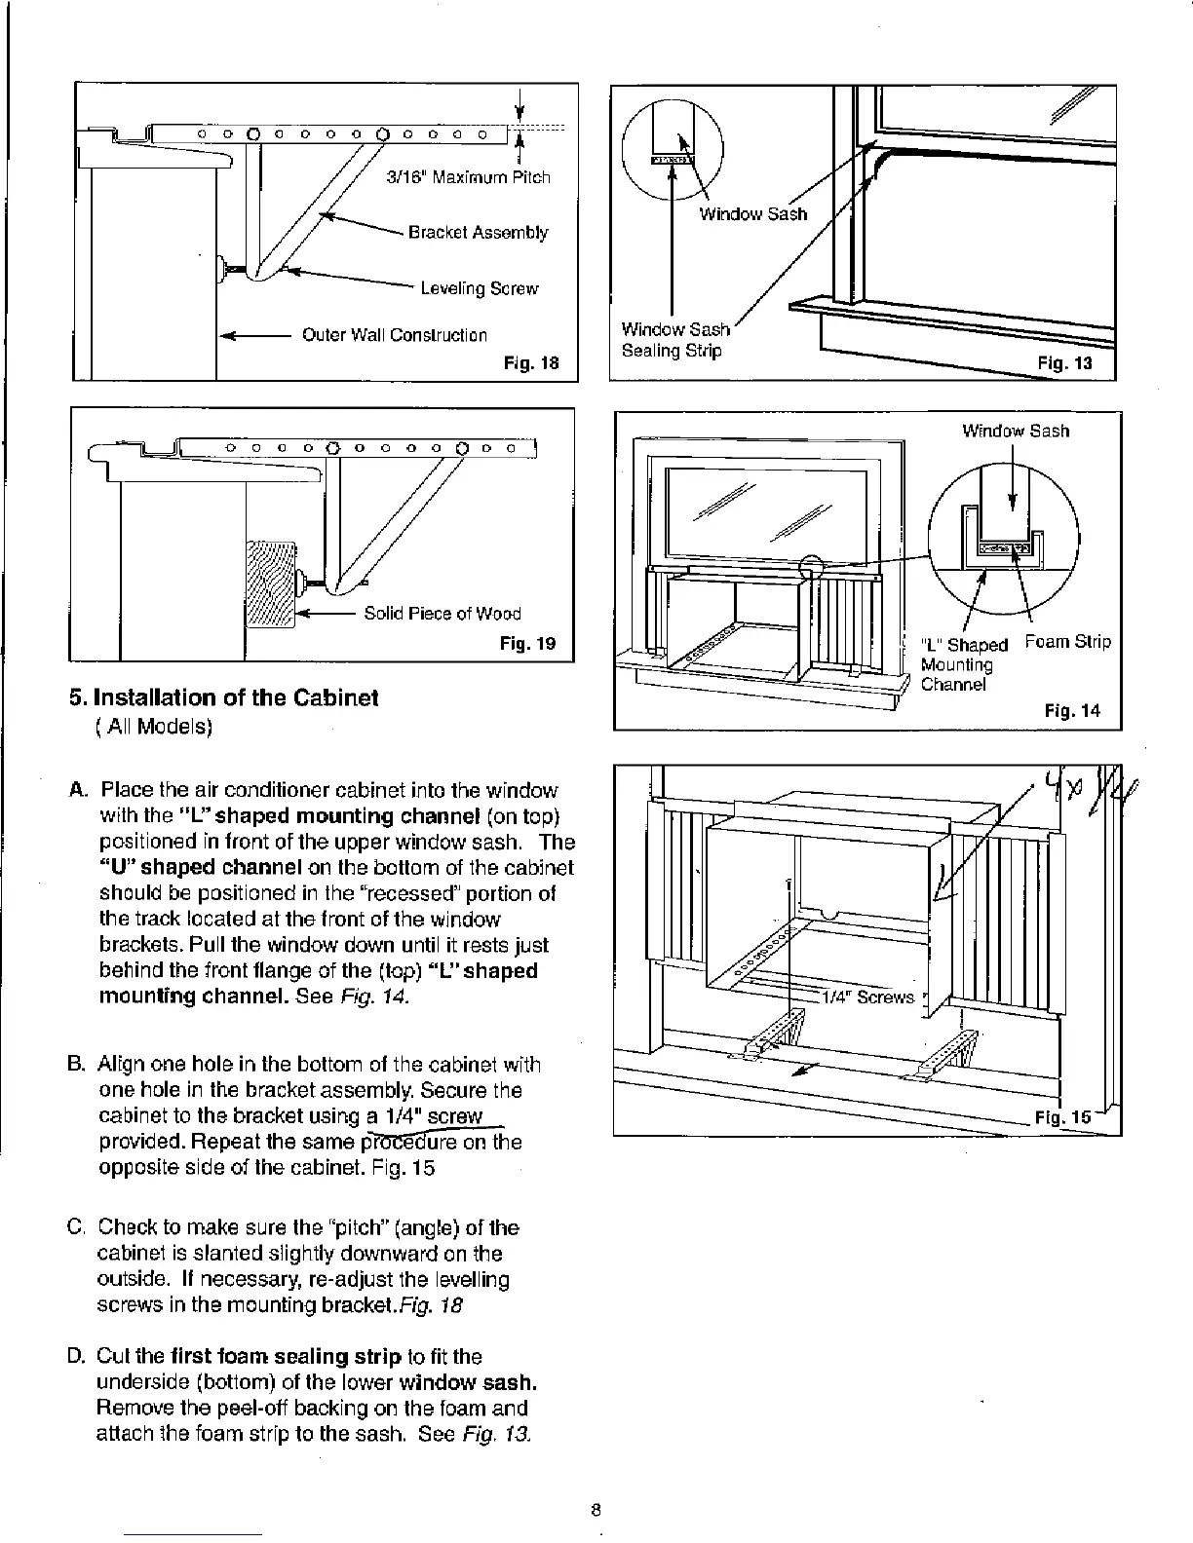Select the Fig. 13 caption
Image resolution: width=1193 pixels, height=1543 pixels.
tap(1065, 364)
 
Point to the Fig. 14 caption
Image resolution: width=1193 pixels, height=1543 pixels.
tap(1071, 711)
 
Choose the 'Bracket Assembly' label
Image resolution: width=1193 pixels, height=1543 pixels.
tap(478, 233)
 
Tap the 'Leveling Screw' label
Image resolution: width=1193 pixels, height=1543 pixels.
tap(479, 289)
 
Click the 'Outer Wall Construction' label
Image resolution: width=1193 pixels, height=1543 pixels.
tap(394, 336)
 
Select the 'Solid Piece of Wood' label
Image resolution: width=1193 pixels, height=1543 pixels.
tap(443, 614)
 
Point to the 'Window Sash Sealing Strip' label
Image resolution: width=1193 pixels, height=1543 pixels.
tap(674, 340)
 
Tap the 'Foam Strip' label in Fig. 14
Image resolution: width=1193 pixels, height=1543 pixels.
tap(1067, 643)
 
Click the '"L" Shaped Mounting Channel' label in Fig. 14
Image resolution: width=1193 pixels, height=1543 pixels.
tap(963, 664)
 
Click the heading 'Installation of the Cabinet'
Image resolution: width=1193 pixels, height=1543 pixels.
tap(223, 698)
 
